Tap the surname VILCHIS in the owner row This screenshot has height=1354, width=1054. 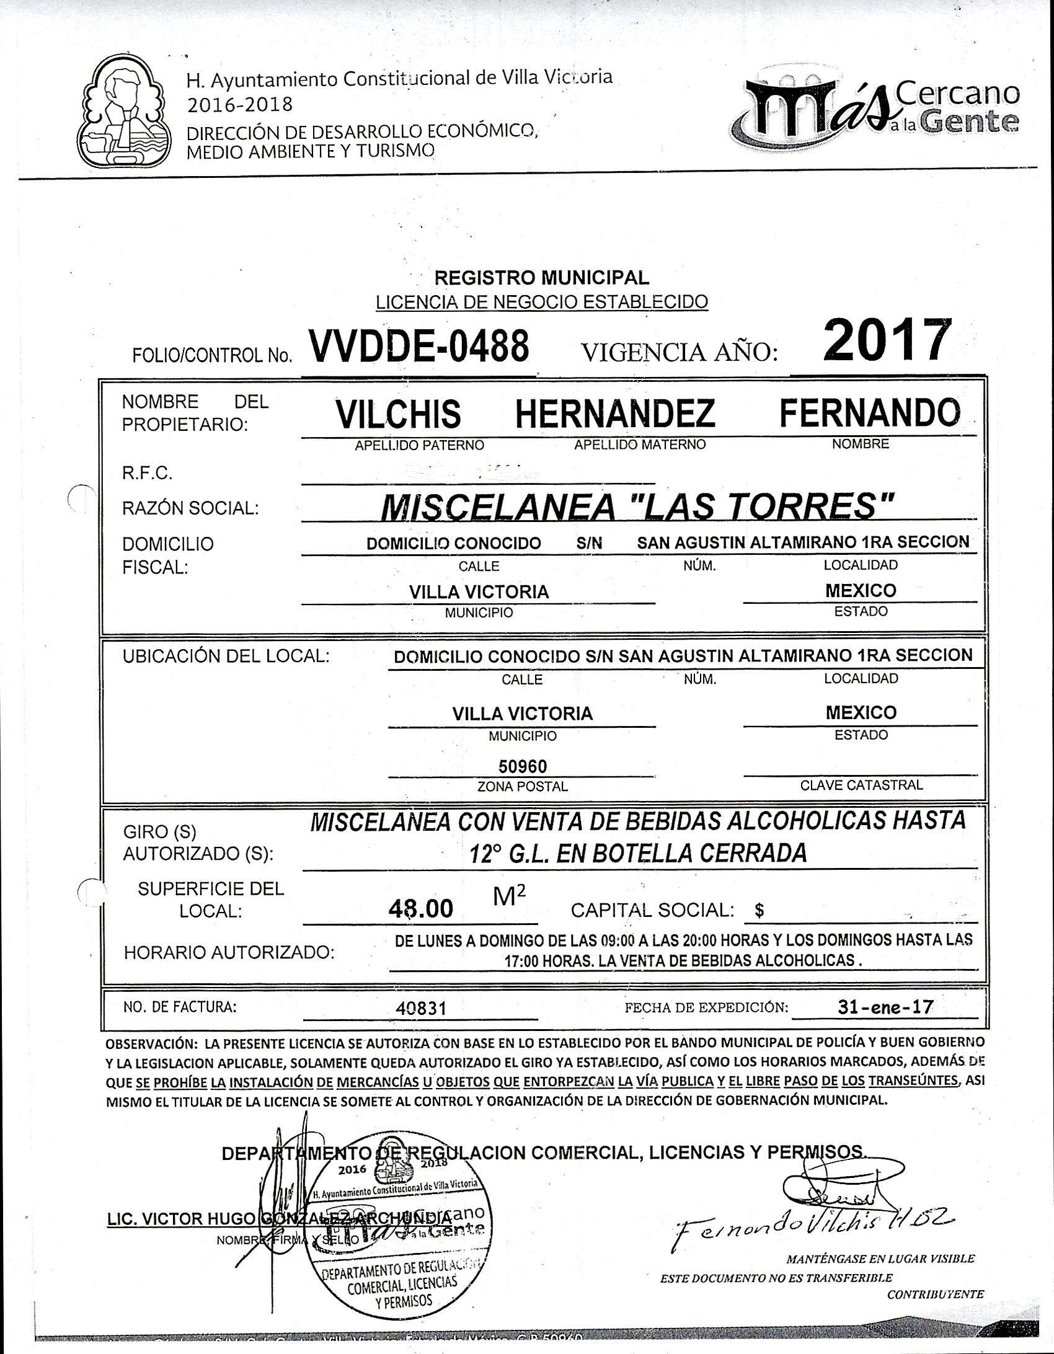398,414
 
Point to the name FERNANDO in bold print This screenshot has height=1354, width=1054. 869,412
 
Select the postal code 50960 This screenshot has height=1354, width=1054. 523,767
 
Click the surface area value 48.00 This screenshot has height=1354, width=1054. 421,909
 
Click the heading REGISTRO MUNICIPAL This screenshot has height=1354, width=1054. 541,277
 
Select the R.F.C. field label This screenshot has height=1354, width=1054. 148,474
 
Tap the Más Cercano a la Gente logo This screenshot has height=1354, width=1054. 874,111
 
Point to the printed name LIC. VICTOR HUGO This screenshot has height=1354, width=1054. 180,1219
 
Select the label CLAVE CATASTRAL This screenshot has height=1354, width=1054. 861,785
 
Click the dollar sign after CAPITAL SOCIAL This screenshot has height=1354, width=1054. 759,911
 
